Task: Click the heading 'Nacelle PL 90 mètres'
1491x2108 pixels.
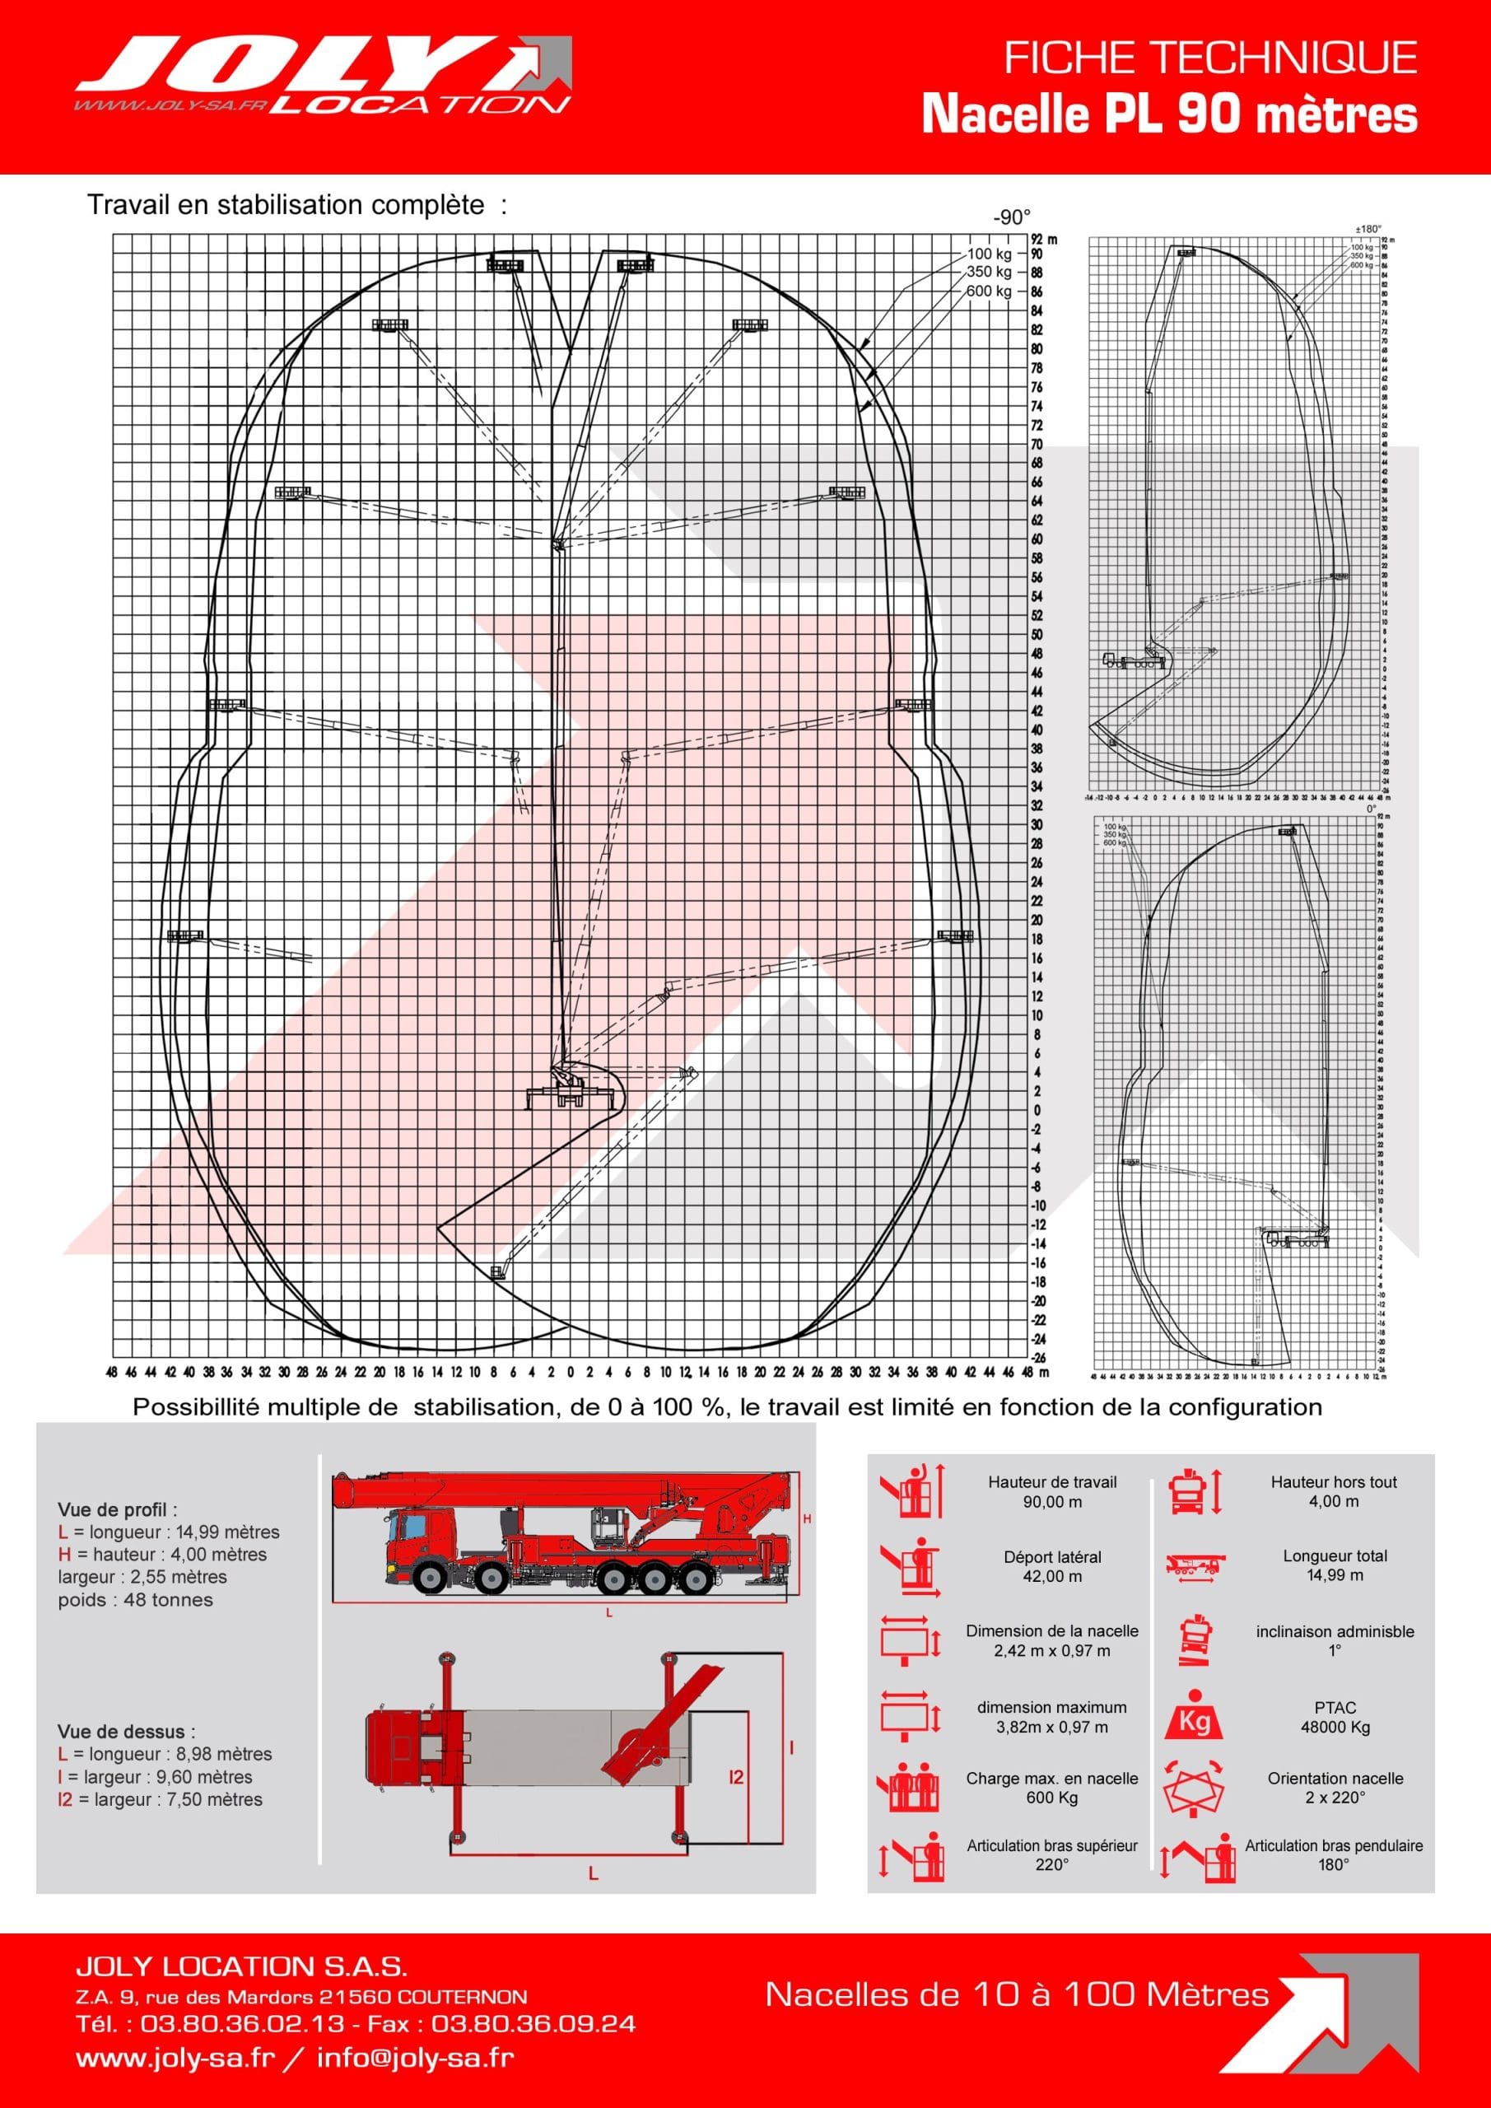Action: pyautogui.click(x=1169, y=115)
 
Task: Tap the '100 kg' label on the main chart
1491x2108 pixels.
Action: pyautogui.click(x=989, y=254)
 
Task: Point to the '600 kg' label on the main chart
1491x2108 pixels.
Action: pyautogui.click(x=989, y=291)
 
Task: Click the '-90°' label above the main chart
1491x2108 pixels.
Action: pyautogui.click(x=1011, y=217)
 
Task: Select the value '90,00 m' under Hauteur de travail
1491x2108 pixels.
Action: pyautogui.click(x=1052, y=1502)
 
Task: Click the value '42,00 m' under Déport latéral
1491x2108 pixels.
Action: pyautogui.click(x=1052, y=1576)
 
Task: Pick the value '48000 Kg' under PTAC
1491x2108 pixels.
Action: pyautogui.click(x=1335, y=1727)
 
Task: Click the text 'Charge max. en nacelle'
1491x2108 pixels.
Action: pyautogui.click(x=1052, y=1779)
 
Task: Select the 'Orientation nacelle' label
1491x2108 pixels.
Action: pyautogui.click(x=1335, y=1779)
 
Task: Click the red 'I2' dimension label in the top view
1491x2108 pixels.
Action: pyautogui.click(x=735, y=1779)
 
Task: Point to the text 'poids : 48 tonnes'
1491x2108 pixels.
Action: pyautogui.click(x=135, y=1599)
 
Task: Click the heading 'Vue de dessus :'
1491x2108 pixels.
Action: pyautogui.click(x=126, y=1732)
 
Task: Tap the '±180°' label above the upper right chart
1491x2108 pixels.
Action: pyautogui.click(x=1368, y=230)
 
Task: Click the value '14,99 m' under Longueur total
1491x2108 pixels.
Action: pyautogui.click(x=1335, y=1575)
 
